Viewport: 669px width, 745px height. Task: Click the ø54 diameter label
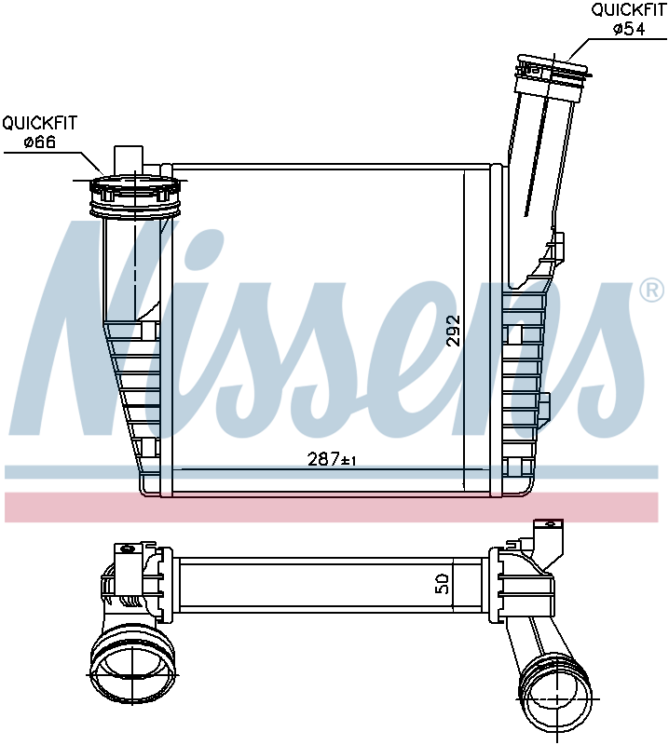click(x=629, y=29)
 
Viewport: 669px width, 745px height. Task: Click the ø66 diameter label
click(x=40, y=142)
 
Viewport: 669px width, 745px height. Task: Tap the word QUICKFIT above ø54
click(x=629, y=10)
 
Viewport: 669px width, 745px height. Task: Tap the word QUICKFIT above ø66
click(x=39, y=123)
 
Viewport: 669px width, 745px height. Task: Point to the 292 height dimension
click(x=453, y=331)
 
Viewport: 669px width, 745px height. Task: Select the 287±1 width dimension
click(x=333, y=459)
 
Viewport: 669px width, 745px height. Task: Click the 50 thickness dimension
click(x=442, y=583)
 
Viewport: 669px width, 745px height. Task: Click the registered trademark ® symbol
click(x=652, y=291)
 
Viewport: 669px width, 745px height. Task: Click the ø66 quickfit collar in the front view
click(x=136, y=196)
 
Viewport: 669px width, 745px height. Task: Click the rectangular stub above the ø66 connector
click(x=129, y=160)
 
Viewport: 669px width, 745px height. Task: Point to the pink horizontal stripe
click(x=332, y=507)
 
